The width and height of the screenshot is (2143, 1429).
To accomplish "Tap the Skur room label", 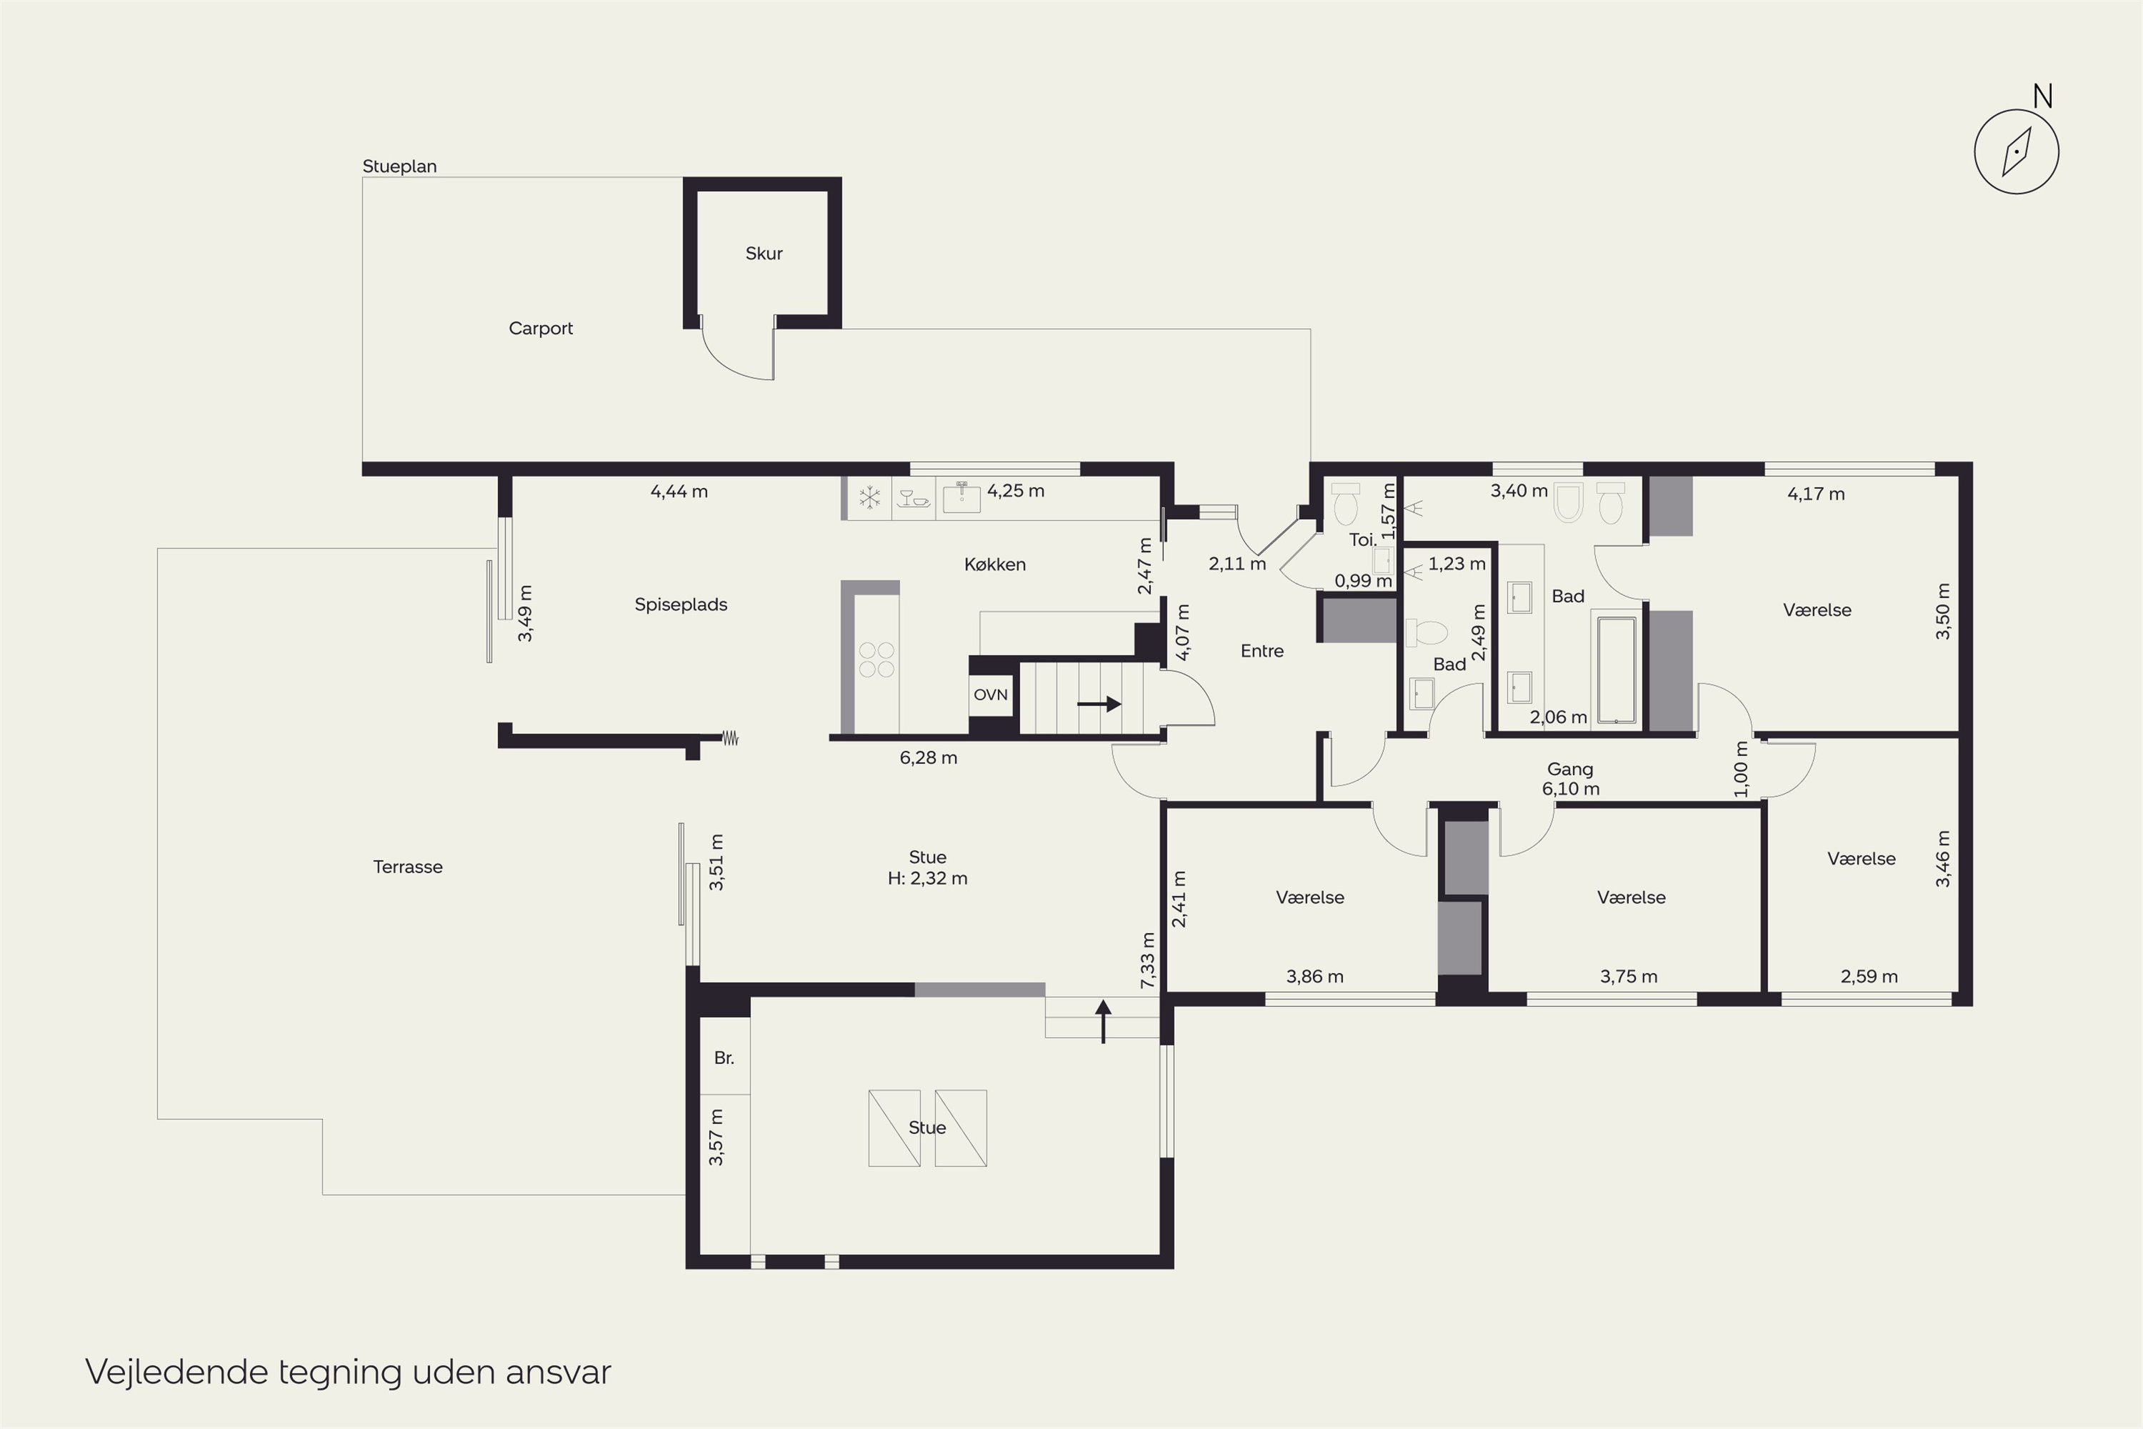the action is [x=764, y=254].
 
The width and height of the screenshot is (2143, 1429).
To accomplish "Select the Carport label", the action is [x=540, y=328].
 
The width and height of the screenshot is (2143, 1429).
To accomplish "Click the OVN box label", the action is [x=990, y=694].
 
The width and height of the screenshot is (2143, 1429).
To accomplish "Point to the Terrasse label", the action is [x=407, y=867].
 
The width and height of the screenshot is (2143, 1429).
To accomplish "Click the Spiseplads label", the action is [x=681, y=604].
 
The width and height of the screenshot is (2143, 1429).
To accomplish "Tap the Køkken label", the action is [x=995, y=564].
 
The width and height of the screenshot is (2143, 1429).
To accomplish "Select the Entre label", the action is [x=1262, y=651].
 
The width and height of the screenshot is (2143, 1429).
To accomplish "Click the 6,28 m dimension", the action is [x=929, y=757].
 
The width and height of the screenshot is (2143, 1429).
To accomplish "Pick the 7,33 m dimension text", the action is [x=1147, y=960].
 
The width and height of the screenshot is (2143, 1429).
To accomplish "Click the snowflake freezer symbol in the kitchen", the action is [x=870, y=497].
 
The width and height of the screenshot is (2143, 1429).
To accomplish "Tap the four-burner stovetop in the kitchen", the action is [x=876, y=659].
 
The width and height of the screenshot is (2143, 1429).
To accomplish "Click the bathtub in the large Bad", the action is [x=1617, y=671].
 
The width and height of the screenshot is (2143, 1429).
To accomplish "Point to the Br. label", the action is [x=724, y=1058].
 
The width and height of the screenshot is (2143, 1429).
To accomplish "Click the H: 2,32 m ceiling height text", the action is [x=927, y=879].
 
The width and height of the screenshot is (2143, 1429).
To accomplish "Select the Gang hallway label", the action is [x=1570, y=770].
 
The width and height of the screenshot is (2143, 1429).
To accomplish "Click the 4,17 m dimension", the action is [x=1816, y=494].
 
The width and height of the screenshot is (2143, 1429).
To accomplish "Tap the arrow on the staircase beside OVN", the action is [x=1099, y=704].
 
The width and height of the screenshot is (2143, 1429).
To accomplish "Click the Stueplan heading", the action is [x=399, y=166].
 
